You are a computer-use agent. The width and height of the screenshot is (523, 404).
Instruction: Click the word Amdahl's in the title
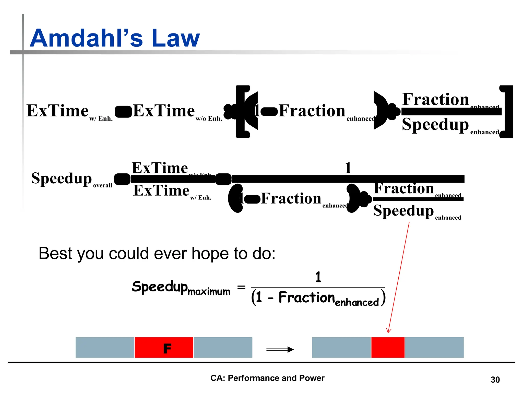coord(86,38)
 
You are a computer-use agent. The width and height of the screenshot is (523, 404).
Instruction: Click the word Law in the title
coord(175,38)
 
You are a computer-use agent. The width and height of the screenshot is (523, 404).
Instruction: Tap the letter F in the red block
coord(167,349)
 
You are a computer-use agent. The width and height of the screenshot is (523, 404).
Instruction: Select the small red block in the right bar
coord(388,347)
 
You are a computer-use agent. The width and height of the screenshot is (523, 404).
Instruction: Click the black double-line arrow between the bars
coord(280,349)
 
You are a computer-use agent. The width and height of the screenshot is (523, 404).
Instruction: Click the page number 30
coord(495,380)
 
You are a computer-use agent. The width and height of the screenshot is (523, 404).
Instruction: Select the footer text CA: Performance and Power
coord(267,378)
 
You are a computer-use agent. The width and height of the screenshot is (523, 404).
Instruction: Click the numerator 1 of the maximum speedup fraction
coord(318,277)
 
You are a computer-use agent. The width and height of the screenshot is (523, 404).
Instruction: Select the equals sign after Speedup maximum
coord(241,288)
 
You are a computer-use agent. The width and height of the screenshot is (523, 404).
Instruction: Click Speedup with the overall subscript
coord(61,178)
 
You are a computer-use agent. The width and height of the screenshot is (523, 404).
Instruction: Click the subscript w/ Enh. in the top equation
coord(101,119)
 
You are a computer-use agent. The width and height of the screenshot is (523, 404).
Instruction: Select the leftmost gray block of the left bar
coord(105,347)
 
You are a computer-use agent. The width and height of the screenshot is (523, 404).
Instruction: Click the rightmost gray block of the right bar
coord(434,347)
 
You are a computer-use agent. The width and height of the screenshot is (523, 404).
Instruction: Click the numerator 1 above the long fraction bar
coord(348,168)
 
